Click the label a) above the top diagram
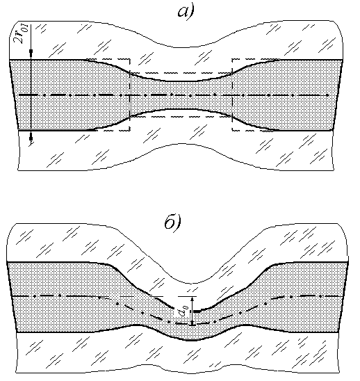(186, 12)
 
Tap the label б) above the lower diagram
(173, 222)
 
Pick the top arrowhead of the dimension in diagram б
(193, 299)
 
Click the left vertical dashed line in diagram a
(130, 95)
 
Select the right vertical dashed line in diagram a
(232, 95)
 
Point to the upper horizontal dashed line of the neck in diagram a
(181, 72)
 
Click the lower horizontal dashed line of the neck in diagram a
(181, 116)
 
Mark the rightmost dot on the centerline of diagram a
(328, 95)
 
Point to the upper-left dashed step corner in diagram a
(130, 59)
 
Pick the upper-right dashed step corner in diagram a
(232, 59)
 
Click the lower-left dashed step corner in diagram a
(130, 131)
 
